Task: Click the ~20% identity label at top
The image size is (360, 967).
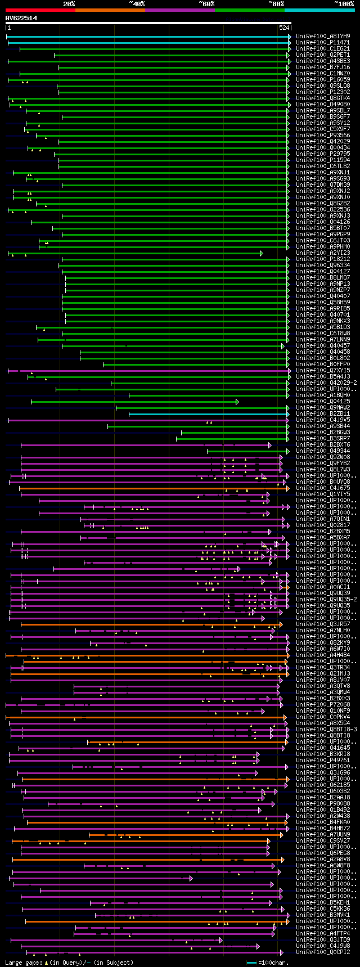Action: (x=69, y=4)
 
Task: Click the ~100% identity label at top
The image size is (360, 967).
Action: (x=344, y=4)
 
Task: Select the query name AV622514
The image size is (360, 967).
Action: (x=21, y=18)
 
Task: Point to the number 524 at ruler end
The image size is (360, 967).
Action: (x=284, y=28)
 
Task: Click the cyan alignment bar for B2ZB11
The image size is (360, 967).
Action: (x=208, y=414)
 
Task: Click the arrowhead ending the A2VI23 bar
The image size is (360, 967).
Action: (x=262, y=253)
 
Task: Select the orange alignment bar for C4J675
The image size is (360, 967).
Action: (x=152, y=488)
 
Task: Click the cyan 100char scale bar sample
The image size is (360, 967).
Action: (x=252, y=962)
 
